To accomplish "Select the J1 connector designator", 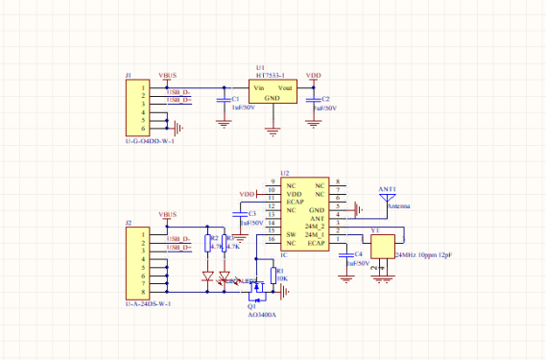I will pyautogui.click(x=129, y=74).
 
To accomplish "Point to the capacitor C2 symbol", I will pyautogui.click(x=314, y=99).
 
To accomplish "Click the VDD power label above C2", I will pyautogui.click(x=313, y=75).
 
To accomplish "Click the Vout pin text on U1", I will pyautogui.click(x=287, y=87).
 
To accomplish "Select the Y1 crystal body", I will pyautogui.click(x=383, y=246).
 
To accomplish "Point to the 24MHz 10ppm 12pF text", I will pyautogui.click(x=423, y=256).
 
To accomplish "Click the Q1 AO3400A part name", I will pyautogui.click(x=262, y=314).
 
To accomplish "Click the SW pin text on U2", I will pyautogui.click(x=291, y=234).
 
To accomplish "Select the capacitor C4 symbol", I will pyautogui.click(x=346, y=253).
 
